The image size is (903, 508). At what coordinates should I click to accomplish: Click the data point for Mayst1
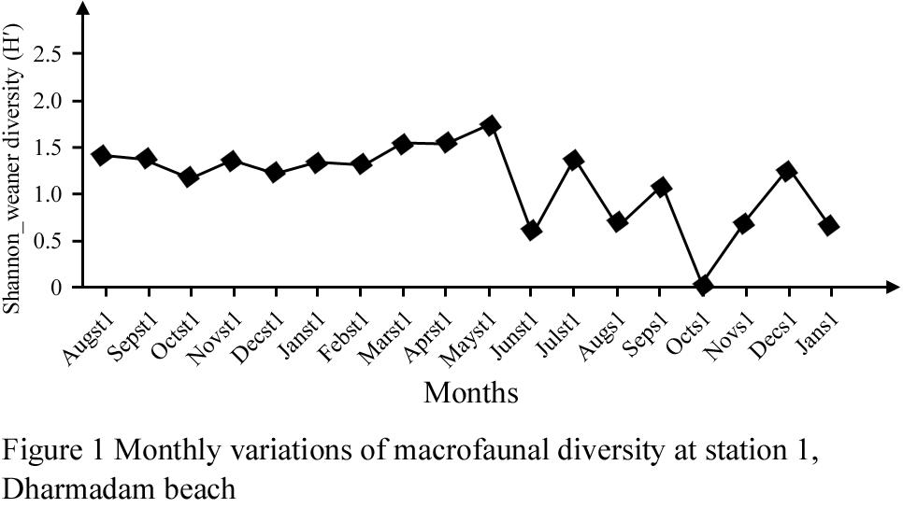[x=490, y=125]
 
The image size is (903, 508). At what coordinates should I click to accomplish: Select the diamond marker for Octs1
[x=703, y=285]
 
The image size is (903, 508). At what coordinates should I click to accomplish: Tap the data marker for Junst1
[x=532, y=230]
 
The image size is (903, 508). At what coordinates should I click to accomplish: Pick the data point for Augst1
[x=102, y=156]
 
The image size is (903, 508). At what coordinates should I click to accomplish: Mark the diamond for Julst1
[x=574, y=160]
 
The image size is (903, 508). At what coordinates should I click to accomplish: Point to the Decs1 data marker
[x=788, y=171]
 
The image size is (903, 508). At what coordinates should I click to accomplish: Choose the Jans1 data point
[x=828, y=225]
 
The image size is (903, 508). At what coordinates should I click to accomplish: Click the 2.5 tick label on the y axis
[x=46, y=54]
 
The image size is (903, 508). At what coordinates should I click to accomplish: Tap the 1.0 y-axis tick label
[x=46, y=194]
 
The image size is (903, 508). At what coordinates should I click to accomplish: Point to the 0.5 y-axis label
[x=46, y=241]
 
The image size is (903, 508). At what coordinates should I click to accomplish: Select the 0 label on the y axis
[x=57, y=288]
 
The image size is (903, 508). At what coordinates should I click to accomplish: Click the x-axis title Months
[x=471, y=392]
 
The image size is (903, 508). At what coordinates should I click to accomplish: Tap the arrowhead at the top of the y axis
[x=82, y=9]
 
